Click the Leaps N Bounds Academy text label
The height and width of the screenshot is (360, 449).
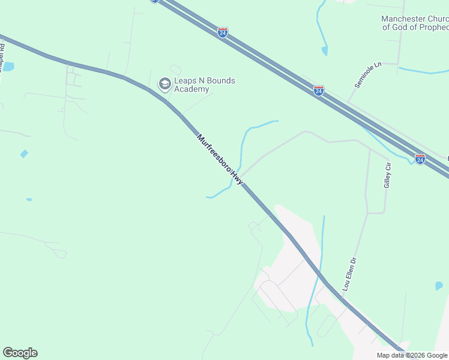[x=196, y=85]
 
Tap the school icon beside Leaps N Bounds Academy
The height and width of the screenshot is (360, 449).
[x=164, y=85]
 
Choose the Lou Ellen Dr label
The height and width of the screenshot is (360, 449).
[x=350, y=275]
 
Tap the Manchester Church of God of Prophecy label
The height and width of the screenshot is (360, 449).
[x=415, y=23]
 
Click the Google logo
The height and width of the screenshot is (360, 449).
[x=20, y=353]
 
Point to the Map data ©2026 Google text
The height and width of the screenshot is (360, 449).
[x=411, y=355]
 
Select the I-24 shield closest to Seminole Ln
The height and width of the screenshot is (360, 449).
[x=319, y=91]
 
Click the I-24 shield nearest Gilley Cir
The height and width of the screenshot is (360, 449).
[x=420, y=159]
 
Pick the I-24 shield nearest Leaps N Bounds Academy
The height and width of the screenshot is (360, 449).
[x=223, y=32]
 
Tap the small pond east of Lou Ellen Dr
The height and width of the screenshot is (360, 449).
[x=439, y=286]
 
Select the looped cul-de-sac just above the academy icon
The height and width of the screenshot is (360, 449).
[x=175, y=70]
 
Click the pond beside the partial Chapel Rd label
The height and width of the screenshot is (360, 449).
[x=8, y=66]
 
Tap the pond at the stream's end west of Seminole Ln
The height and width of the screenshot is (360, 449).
[x=325, y=51]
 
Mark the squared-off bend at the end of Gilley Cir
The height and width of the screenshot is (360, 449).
[x=384, y=212]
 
